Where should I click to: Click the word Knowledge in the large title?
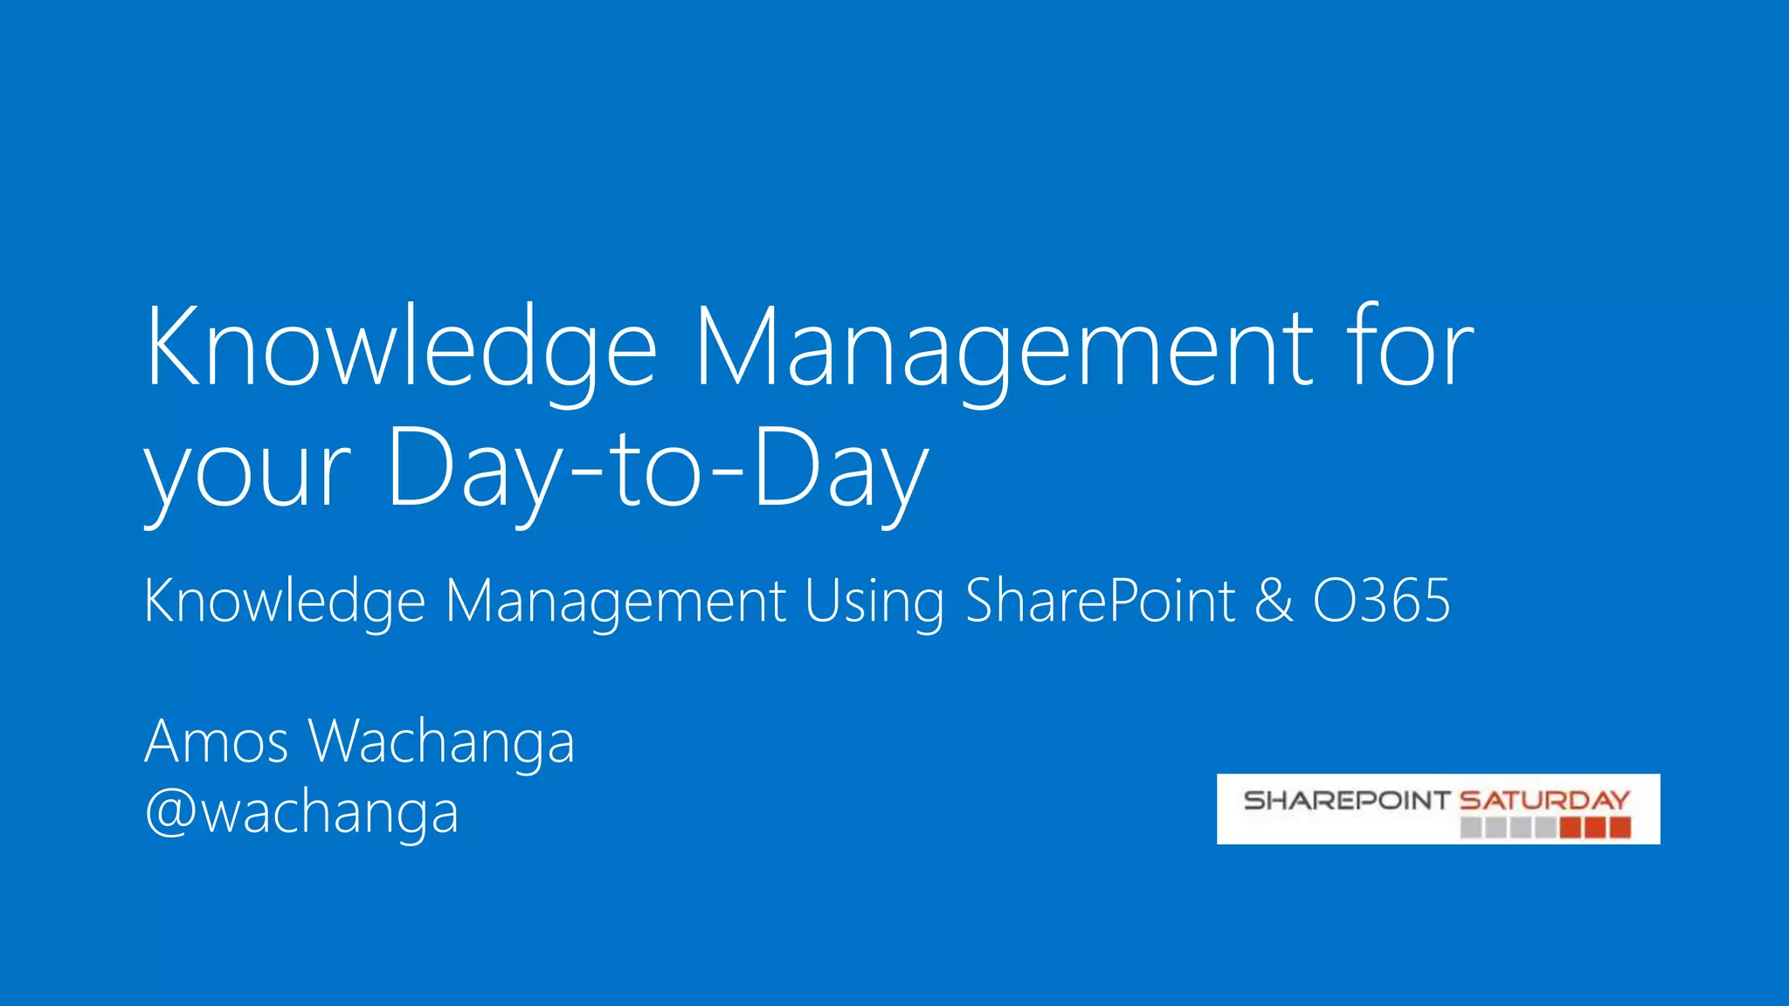tap(400, 348)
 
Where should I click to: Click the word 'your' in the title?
tap(247, 472)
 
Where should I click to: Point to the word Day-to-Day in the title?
tap(656, 472)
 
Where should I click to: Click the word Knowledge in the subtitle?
tap(285, 602)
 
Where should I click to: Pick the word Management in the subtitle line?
tap(616, 602)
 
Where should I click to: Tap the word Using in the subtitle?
tap(874, 602)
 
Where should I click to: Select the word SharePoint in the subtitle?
tap(1100, 602)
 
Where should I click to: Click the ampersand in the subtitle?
tap(1274, 602)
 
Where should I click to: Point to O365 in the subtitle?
tap(1381, 602)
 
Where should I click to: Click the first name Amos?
tap(216, 741)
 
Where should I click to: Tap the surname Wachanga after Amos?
tap(442, 741)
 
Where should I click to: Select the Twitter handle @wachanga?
tap(301, 812)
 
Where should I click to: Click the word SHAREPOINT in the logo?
tap(1346, 800)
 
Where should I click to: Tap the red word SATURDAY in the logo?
tap(1544, 800)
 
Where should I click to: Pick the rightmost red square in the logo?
tap(1620, 827)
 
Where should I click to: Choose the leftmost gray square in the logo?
tap(1471, 827)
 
